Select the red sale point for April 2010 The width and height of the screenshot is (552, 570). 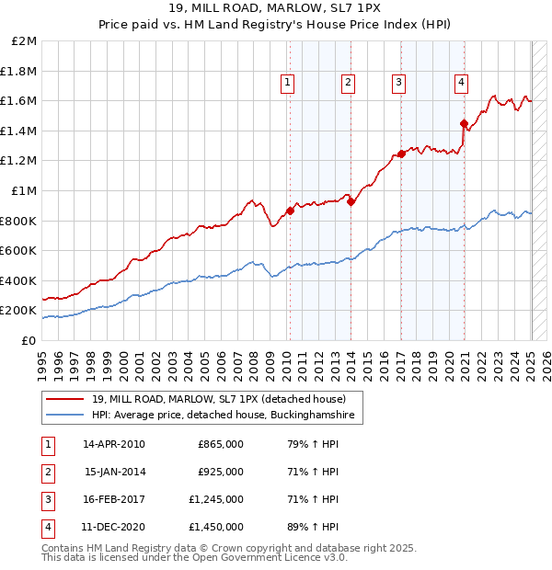coord(290,211)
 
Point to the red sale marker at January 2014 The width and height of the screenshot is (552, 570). coord(351,202)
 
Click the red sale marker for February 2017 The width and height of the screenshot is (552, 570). coord(401,154)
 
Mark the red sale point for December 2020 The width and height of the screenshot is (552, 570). coord(464,123)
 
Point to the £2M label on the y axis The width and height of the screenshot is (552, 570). coord(25,41)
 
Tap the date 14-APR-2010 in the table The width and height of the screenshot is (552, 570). coord(114,444)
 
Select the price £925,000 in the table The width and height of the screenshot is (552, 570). coord(221,472)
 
